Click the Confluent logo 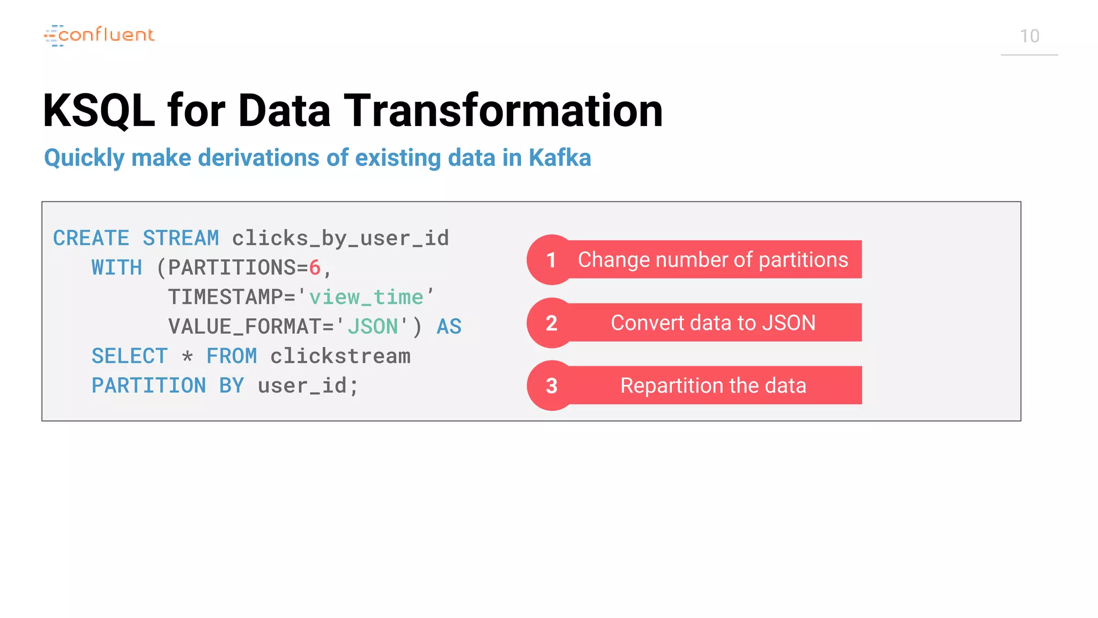pyautogui.click(x=99, y=35)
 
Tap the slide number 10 pyautogui.click(x=1029, y=36)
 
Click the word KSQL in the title pyautogui.click(x=99, y=111)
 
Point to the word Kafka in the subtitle pyautogui.click(x=559, y=158)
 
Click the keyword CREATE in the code pyautogui.click(x=91, y=238)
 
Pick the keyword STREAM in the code pyautogui.click(x=181, y=238)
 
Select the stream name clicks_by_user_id pyautogui.click(x=340, y=238)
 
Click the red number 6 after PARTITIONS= pyautogui.click(x=315, y=268)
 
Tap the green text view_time pyautogui.click(x=366, y=297)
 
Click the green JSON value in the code pyautogui.click(x=373, y=327)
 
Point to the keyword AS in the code pyautogui.click(x=449, y=327)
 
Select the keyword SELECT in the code pyautogui.click(x=129, y=356)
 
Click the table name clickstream pyautogui.click(x=340, y=356)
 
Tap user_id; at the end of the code pyautogui.click(x=308, y=386)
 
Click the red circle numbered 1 pyautogui.click(x=551, y=260)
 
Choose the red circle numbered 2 pyautogui.click(x=551, y=323)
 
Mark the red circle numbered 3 pyautogui.click(x=551, y=386)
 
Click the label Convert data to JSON pyautogui.click(x=713, y=323)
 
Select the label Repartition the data pyautogui.click(x=713, y=386)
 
